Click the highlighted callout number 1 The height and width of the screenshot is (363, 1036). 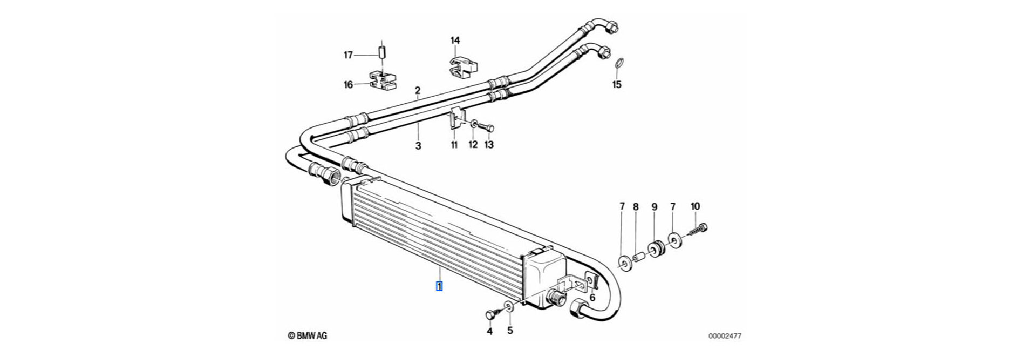point(440,286)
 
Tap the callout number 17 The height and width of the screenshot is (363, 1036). point(348,55)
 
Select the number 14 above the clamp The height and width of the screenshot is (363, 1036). point(455,41)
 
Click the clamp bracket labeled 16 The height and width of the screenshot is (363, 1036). point(381,80)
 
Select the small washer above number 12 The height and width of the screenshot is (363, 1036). point(473,125)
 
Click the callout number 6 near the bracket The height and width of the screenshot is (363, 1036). point(592,298)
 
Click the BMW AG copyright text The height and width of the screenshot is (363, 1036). point(308,336)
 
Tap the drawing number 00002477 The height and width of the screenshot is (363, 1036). point(725,336)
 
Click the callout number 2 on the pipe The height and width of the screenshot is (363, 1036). point(417,90)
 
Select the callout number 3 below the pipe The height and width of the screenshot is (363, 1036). point(418,145)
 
